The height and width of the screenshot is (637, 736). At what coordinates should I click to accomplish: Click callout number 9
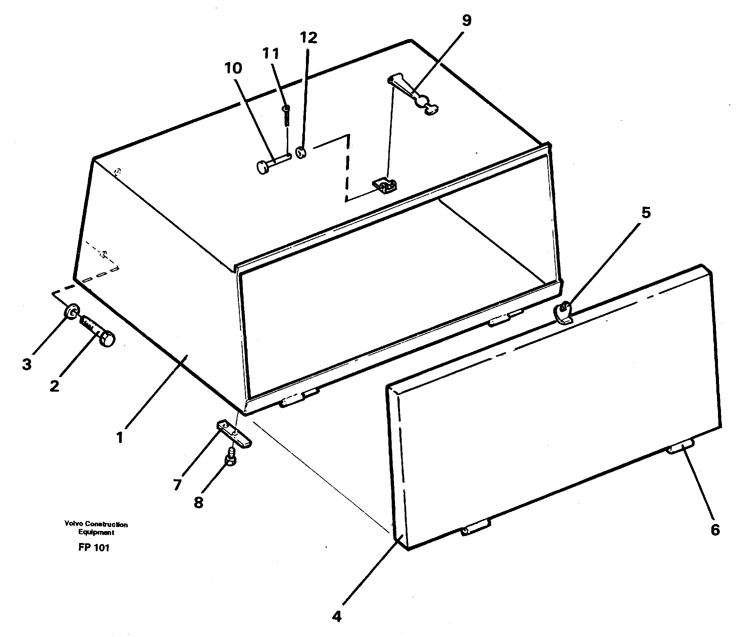[x=466, y=21]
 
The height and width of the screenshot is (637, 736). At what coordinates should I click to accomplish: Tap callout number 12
[x=308, y=38]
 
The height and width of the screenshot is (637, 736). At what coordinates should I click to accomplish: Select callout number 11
[x=271, y=53]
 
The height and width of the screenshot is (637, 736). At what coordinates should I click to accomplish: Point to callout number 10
[x=233, y=68]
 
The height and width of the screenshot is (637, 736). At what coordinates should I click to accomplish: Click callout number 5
[x=646, y=213]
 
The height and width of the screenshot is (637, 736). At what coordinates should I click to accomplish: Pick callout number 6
[x=715, y=530]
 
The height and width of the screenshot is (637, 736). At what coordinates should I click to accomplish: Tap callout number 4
[x=337, y=616]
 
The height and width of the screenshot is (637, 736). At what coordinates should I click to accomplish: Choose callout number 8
[x=198, y=503]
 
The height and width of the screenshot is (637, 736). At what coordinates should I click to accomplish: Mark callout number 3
[x=27, y=364]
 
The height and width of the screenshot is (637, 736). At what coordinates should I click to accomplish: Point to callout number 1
[x=120, y=437]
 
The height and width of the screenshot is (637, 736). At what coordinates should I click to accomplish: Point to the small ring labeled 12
[x=301, y=153]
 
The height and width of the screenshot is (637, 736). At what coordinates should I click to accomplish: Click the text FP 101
[x=94, y=548]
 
